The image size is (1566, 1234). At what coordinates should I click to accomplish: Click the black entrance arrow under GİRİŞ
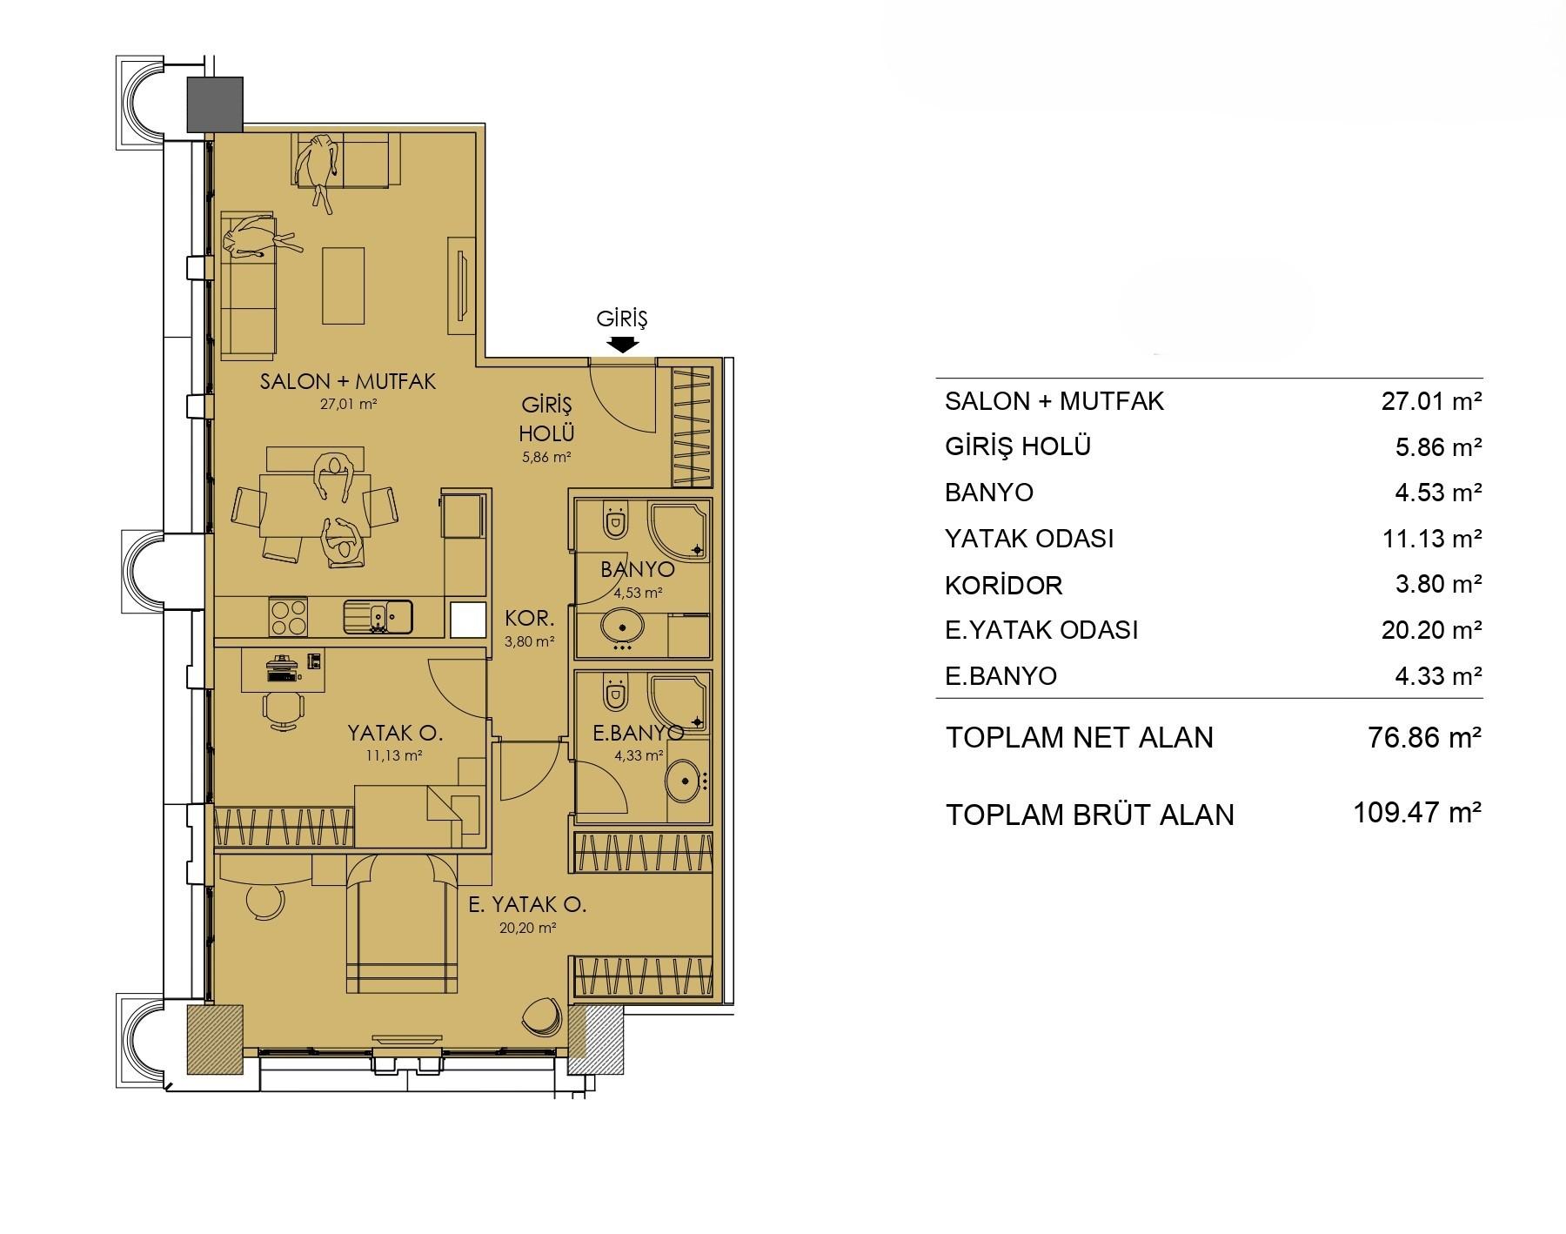pyautogui.click(x=622, y=344)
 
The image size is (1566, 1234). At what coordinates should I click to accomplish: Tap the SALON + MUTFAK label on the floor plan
pyautogui.click(x=348, y=381)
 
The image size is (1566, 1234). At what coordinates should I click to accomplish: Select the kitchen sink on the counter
pyautogui.click(x=378, y=617)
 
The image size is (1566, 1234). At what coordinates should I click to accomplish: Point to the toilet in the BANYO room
pyautogui.click(x=616, y=521)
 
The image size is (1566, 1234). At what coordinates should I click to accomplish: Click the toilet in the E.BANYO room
pyautogui.click(x=616, y=692)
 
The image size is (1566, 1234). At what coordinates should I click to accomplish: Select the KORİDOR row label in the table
pyautogui.click(x=1004, y=585)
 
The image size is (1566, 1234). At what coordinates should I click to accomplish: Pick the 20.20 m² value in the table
pyautogui.click(x=1432, y=629)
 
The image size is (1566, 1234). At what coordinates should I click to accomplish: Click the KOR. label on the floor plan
pyautogui.click(x=530, y=619)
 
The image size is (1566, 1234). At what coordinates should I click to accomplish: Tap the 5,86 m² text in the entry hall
pyautogui.click(x=546, y=457)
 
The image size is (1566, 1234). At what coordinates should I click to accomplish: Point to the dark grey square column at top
pyautogui.click(x=216, y=104)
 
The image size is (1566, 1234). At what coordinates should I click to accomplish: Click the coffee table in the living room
pyautogui.click(x=344, y=285)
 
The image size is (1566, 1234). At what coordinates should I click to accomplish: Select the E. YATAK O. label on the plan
pyautogui.click(x=527, y=905)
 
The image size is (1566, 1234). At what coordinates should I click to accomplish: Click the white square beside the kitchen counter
pyautogui.click(x=467, y=620)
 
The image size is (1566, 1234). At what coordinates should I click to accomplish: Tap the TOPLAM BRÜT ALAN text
pyautogui.click(x=1090, y=815)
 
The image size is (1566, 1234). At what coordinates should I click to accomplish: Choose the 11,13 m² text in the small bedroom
pyautogui.click(x=394, y=755)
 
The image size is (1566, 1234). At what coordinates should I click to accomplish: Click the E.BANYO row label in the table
pyautogui.click(x=1000, y=676)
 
